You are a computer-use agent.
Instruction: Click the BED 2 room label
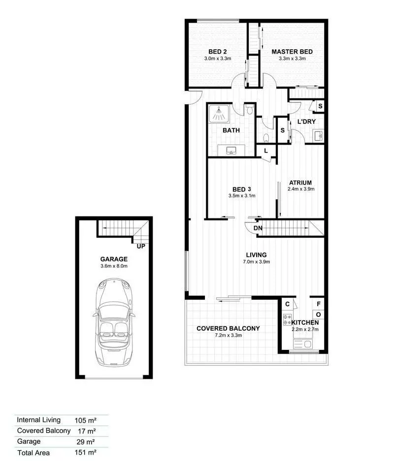coord(217,52)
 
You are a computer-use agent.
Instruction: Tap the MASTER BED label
coord(292,52)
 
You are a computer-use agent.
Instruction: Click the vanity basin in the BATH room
coord(231,150)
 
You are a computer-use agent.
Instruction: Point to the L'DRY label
coord(306,122)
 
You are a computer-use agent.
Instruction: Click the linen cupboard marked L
coord(266,151)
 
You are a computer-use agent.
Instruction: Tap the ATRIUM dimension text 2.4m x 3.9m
coord(301,189)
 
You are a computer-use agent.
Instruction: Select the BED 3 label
coord(242,189)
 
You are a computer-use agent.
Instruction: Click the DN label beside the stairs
coord(258,228)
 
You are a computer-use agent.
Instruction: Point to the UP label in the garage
coord(141,246)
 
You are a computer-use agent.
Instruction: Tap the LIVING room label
coord(256,255)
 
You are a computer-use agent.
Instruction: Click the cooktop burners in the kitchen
coord(288,320)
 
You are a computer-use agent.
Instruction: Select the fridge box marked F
coord(319,304)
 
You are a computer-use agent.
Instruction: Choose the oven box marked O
coord(319,314)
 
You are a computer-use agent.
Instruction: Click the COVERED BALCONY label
coord(228,329)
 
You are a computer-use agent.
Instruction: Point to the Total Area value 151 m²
coord(85,452)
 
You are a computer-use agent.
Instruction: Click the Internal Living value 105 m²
coord(85,420)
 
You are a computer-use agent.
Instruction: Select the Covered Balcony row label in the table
coord(44,430)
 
